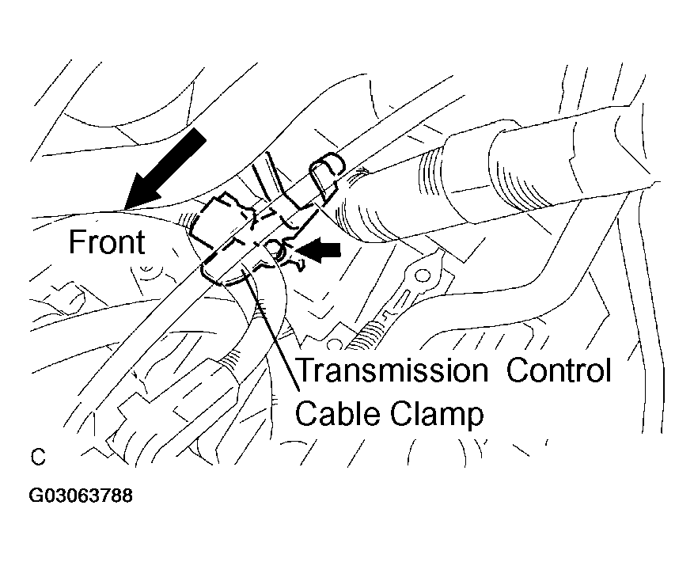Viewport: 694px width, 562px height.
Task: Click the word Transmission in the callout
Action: (393, 370)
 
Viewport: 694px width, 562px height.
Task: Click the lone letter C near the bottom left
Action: (38, 457)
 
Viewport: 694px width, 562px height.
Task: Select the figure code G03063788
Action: (81, 496)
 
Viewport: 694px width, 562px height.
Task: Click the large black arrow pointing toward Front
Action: (165, 169)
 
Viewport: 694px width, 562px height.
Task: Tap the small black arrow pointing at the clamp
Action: (319, 250)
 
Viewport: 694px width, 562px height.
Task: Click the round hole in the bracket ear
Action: (424, 276)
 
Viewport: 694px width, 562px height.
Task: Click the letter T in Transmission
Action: (305, 370)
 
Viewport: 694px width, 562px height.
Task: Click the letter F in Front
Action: (77, 241)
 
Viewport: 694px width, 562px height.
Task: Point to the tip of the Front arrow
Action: (125, 209)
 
